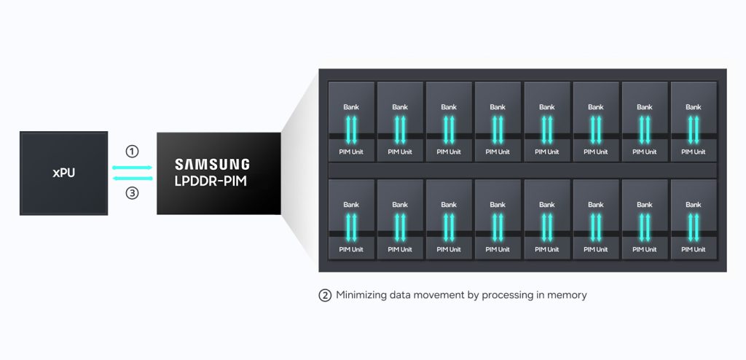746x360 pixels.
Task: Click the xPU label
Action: (x=64, y=173)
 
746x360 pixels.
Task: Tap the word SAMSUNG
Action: (x=212, y=165)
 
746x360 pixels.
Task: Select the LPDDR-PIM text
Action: (x=211, y=182)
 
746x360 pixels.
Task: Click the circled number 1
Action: (x=132, y=152)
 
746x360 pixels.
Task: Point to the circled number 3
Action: (x=132, y=193)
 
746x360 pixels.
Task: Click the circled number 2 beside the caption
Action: (x=324, y=296)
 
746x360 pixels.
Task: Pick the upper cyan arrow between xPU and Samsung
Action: (x=133, y=168)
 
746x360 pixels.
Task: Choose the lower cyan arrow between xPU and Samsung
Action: (x=133, y=179)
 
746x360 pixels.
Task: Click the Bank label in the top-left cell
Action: (x=351, y=107)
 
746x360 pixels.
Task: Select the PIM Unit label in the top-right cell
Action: (x=694, y=152)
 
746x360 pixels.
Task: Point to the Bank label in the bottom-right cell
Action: (x=694, y=205)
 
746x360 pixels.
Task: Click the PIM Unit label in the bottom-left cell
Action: (x=351, y=249)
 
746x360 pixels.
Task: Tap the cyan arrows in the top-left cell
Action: (x=351, y=130)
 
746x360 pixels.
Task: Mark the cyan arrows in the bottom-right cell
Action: (x=694, y=227)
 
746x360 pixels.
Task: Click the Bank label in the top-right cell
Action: (x=694, y=107)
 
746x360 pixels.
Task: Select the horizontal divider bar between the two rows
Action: (x=522, y=171)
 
